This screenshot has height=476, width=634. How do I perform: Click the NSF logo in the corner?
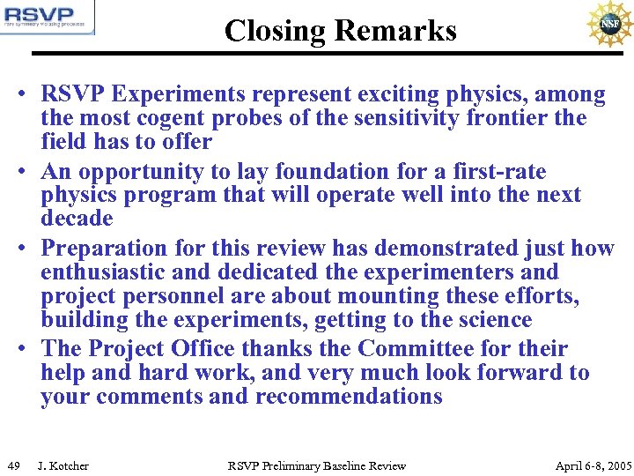tap(608, 24)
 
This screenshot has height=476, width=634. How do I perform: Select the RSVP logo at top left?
tap(48, 18)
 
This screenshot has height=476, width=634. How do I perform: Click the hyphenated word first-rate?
tap(498, 171)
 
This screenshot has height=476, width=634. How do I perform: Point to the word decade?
tap(77, 218)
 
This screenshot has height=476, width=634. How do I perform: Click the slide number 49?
tap(13, 465)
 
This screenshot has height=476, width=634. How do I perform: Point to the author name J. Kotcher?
tap(63, 465)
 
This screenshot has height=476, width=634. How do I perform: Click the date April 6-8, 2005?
tap(593, 465)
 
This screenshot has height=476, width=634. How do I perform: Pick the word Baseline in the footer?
tap(348, 465)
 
